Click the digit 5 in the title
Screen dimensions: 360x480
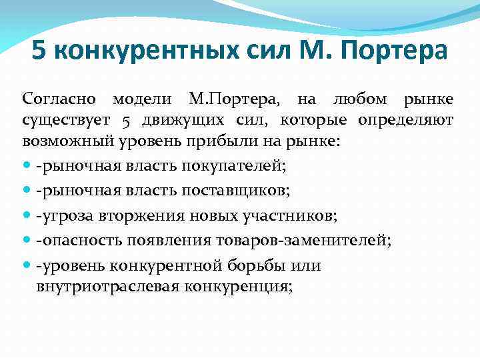tap(39, 52)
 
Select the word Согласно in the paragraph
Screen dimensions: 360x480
tap(60, 101)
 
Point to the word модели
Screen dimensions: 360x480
tap(141, 101)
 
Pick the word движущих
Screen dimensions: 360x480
tap(172, 121)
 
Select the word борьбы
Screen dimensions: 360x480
tap(257, 265)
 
